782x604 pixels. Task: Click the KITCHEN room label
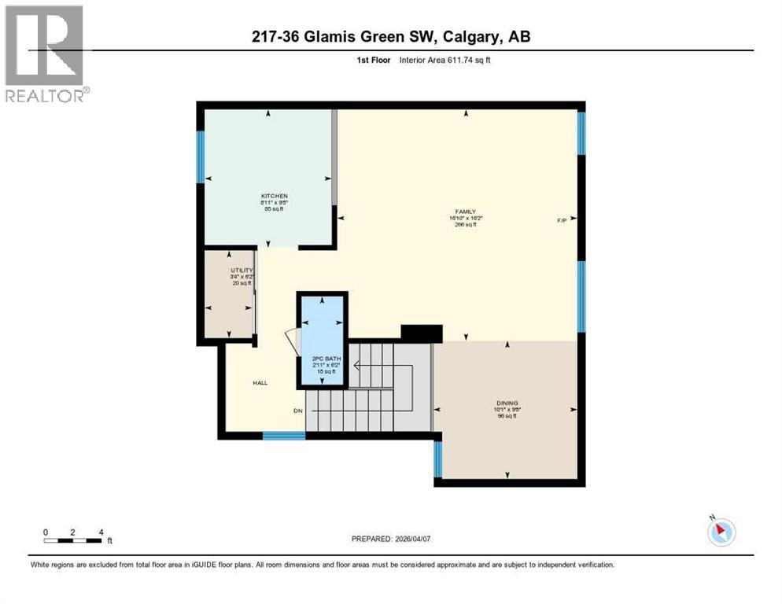pyautogui.click(x=275, y=196)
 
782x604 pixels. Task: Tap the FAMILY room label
pyautogui.click(x=466, y=211)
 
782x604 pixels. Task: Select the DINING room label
pyautogui.click(x=507, y=401)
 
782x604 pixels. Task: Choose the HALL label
pyautogui.click(x=260, y=383)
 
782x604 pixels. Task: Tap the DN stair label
pyautogui.click(x=298, y=411)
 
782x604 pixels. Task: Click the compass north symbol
pyautogui.click(x=721, y=532)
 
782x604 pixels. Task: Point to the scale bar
pyautogui.click(x=72, y=540)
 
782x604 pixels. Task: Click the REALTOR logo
pyautogui.click(x=45, y=54)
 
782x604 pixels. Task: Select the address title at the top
pyautogui.click(x=390, y=37)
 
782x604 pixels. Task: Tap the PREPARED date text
pyautogui.click(x=390, y=539)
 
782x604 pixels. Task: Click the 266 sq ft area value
pyautogui.click(x=466, y=225)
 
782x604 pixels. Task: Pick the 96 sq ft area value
pyautogui.click(x=507, y=415)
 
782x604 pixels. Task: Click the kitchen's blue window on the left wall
pyautogui.click(x=201, y=157)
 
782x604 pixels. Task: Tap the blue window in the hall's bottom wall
pyautogui.click(x=283, y=435)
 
